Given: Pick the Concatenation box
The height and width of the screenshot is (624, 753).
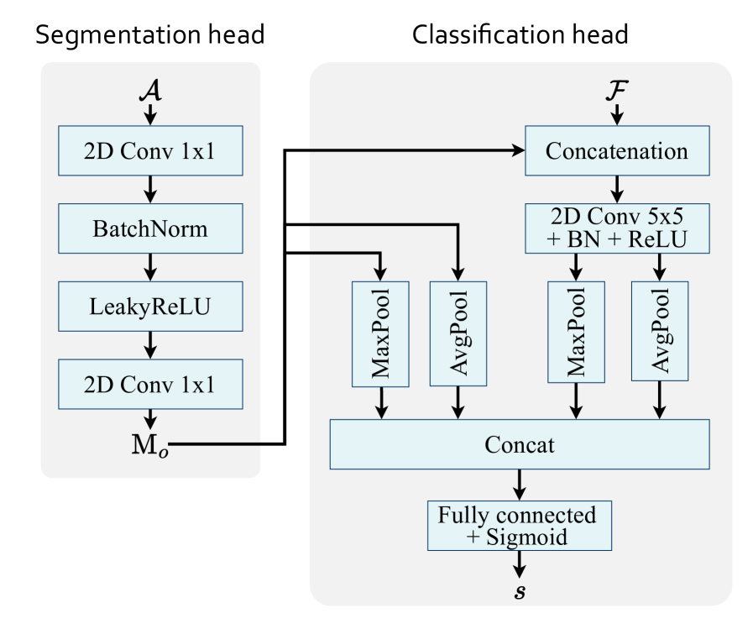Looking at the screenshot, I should click(618, 151).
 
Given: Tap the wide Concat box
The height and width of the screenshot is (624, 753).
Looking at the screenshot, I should click(520, 444).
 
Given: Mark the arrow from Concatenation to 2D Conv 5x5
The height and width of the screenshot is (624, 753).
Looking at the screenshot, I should click(618, 189).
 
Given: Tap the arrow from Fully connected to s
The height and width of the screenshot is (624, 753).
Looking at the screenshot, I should click(520, 562).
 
